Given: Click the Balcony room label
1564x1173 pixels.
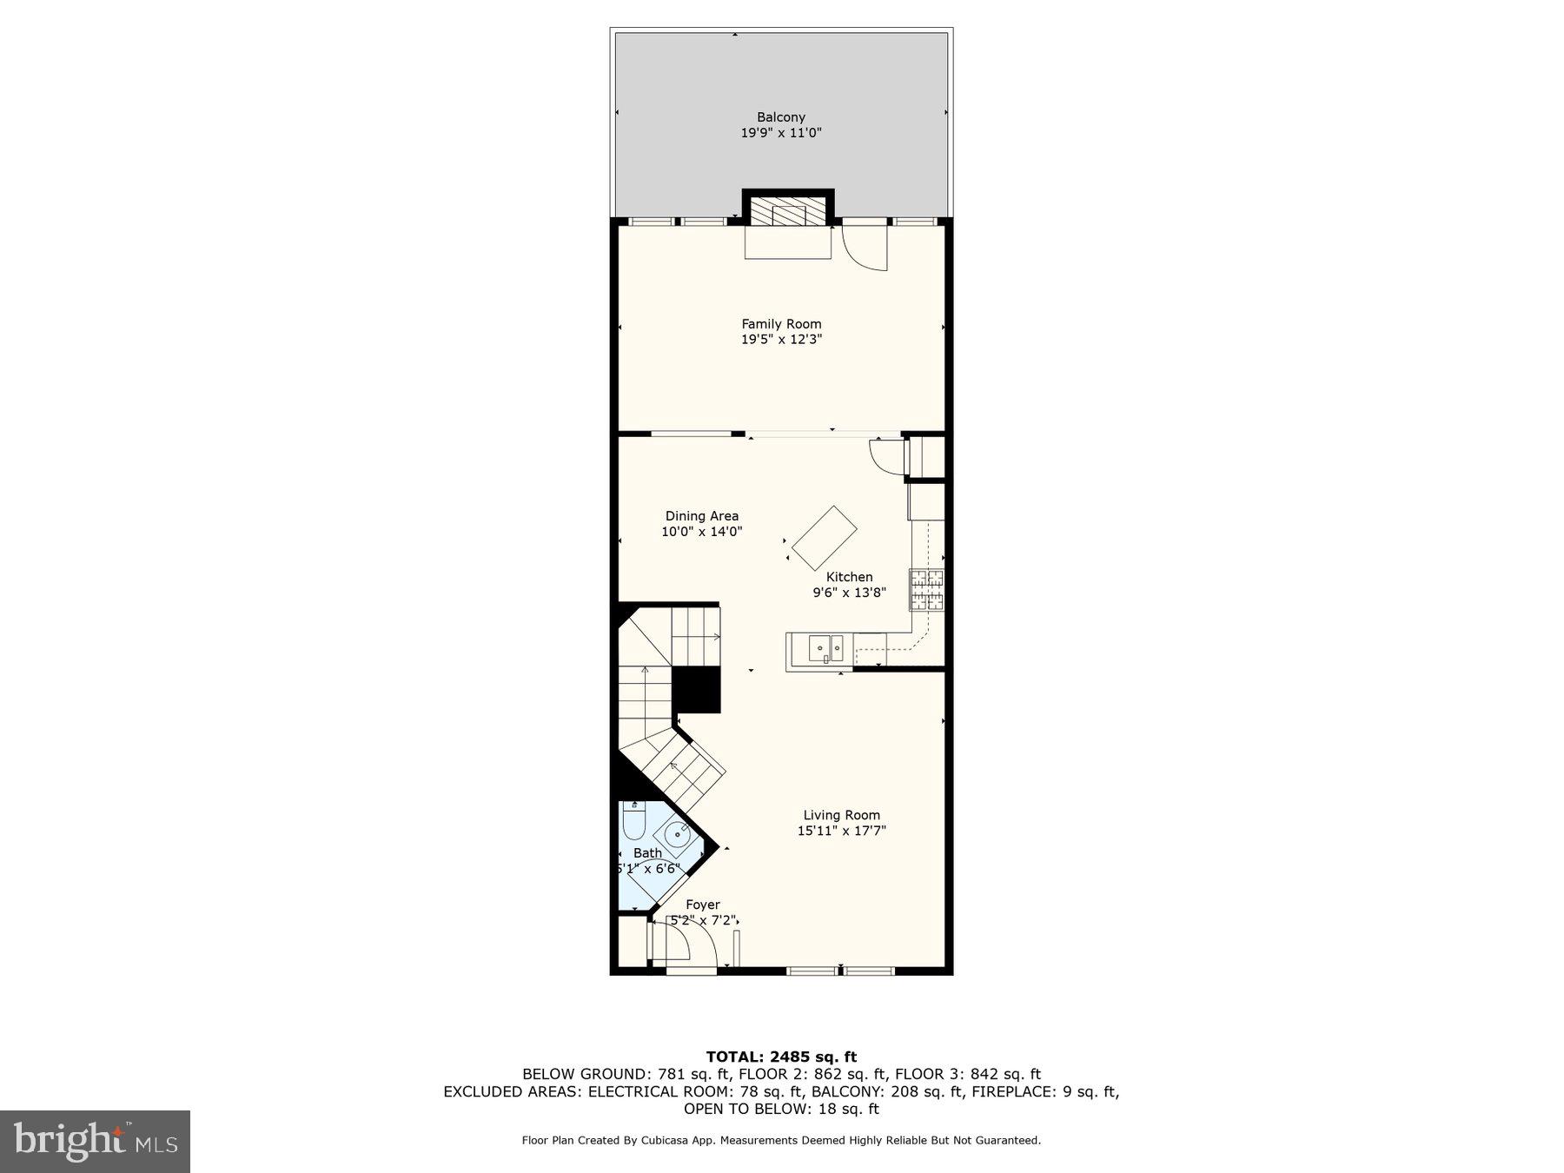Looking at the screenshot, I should coord(780,117).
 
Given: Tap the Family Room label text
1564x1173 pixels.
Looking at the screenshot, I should coord(781,324).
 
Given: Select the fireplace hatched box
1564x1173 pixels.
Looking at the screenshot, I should coord(788,211).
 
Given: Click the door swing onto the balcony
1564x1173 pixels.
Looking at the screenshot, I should coord(865,247).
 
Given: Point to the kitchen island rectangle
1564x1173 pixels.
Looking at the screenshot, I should coord(824,538).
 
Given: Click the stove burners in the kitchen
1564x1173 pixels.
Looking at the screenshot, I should coord(926,590).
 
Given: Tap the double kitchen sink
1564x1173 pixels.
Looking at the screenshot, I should coord(825,648).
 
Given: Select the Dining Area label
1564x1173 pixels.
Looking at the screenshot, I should coord(702,516).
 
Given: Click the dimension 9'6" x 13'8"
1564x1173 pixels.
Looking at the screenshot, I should coord(849,593).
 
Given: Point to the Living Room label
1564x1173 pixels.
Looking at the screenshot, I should coord(841,815).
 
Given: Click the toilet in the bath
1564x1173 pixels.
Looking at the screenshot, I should coord(634,819).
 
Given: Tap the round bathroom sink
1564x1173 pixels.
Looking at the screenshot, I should coord(676,836).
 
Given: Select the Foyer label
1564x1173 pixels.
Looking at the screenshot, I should coord(702,905).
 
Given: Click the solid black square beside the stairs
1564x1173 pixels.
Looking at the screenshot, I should coord(697,690).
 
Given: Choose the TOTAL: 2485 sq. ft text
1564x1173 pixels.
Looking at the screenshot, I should coord(781,1057).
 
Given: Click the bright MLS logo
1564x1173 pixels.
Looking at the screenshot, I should coord(95,1141).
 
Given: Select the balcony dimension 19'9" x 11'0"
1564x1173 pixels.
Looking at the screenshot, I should coord(780,133).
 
